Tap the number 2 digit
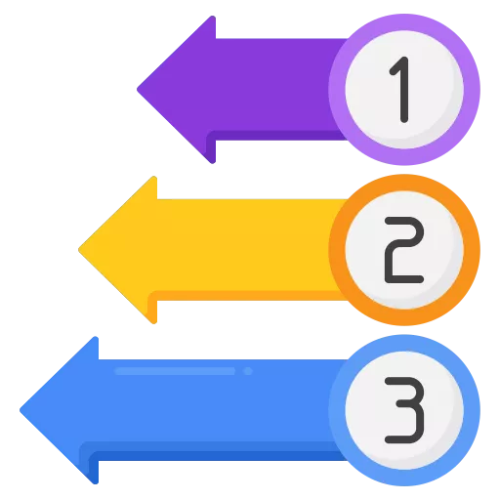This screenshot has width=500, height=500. coord(404,250)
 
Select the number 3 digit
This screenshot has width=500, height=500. coord(404,410)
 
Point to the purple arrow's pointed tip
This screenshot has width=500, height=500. coord(138,90)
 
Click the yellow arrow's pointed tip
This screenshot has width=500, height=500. coord(79,250)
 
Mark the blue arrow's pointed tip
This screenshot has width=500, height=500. coord(21,410)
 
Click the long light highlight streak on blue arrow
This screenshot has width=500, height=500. coord(175,371)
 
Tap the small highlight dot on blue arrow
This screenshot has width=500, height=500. coord(248,371)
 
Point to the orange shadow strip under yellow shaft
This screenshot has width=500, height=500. coord(247,296)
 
